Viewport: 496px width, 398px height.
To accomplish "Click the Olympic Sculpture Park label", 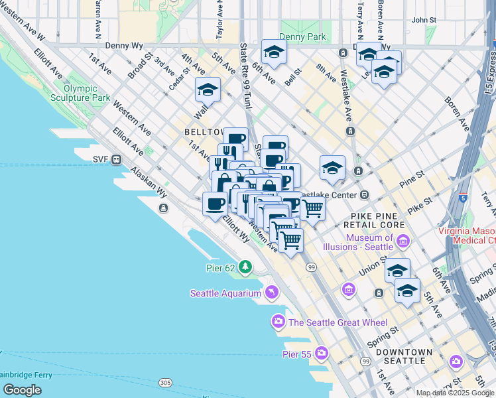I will pos(86,93).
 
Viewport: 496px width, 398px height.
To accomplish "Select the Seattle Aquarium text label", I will pos(226,293).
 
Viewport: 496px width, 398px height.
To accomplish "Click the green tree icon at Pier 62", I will pos(246,267).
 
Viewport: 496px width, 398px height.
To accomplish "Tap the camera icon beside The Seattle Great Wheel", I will pos(278,322).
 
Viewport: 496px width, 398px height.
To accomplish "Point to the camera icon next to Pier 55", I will pos(322,352).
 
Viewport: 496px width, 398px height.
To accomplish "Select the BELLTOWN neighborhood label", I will pos(203,133).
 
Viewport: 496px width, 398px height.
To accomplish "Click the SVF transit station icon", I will pos(116,159).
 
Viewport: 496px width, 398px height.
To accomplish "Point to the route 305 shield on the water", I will pos(165,383).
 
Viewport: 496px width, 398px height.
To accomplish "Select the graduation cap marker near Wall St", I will pos(208,89).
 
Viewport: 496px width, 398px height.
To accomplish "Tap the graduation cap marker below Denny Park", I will pos(273,52).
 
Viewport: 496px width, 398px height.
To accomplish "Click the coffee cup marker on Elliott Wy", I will pos(214,203).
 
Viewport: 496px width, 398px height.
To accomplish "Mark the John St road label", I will pos(424,21).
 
